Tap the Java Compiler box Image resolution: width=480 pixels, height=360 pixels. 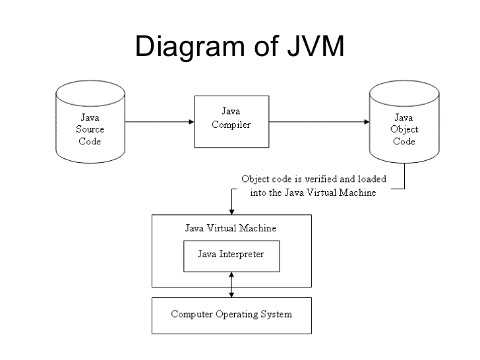tap(231, 121)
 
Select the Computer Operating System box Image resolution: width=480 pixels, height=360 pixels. tap(231, 315)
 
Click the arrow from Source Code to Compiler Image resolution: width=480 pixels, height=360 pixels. tap(158, 122)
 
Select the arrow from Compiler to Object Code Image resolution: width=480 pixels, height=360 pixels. tap(320, 122)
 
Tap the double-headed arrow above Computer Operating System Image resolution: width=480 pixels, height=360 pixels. tap(231, 285)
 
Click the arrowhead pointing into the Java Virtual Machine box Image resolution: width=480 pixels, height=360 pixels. tap(231, 210)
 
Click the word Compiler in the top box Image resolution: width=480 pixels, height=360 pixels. tap(231, 125)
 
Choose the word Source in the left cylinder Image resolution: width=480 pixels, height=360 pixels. tap(90, 129)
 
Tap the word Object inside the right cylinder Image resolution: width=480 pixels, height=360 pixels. tap(404, 129)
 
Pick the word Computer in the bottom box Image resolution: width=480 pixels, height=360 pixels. tap(192, 315)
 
